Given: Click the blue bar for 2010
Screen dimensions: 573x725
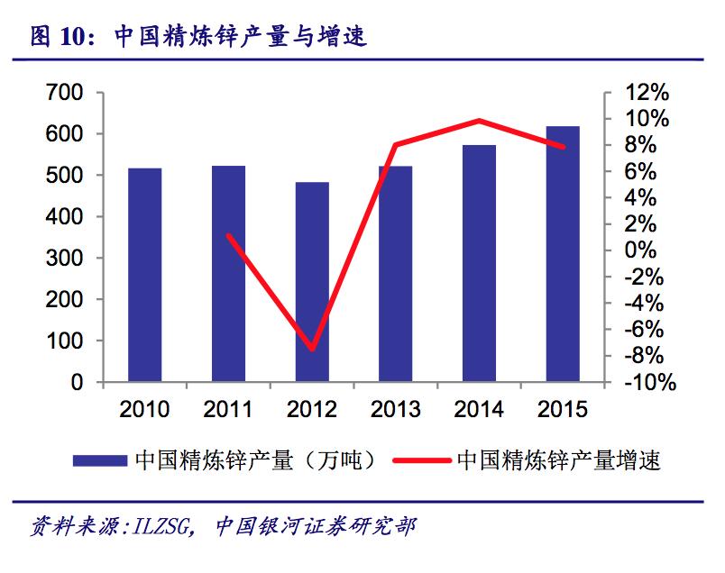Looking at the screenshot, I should pos(144,275).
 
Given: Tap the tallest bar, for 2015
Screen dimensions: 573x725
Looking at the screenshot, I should pos(563,254).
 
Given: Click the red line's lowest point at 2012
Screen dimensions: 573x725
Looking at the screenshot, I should pos(312,349).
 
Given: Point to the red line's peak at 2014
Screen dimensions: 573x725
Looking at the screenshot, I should pos(479,120).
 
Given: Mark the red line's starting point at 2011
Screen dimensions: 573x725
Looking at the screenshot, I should pos(228,235).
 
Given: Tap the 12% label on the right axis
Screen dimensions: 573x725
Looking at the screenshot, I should pos(647,93).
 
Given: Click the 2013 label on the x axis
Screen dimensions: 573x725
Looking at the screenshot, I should pos(395,410).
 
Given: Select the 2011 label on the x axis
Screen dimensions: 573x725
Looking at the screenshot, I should pos(228,410).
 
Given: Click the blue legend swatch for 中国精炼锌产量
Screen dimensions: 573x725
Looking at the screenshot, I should pos(99,461).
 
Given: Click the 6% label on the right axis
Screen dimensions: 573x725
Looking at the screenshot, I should pos(647,171).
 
